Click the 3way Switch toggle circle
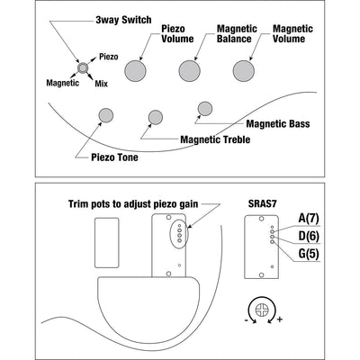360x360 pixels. (83, 68)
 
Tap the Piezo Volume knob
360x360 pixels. (135, 71)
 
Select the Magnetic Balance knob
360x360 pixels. (190, 71)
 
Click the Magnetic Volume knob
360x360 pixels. (244, 71)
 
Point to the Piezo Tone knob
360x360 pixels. (106, 115)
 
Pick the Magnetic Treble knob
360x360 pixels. (156, 117)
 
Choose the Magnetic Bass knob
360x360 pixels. (205, 109)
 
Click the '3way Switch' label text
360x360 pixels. (123, 20)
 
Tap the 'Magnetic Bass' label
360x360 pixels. (278, 123)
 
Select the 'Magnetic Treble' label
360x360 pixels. (215, 139)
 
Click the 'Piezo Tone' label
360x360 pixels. (114, 157)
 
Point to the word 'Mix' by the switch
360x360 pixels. (101, 84)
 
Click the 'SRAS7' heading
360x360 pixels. (262, 203)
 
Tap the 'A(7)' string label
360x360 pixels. (309, 218)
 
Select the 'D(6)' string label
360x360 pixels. (309, 236)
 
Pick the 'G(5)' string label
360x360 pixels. (309, 254)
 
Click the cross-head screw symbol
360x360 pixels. (261, 310)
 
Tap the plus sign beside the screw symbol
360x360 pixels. (280, 319)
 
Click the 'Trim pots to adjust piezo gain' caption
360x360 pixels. (133, 204)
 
